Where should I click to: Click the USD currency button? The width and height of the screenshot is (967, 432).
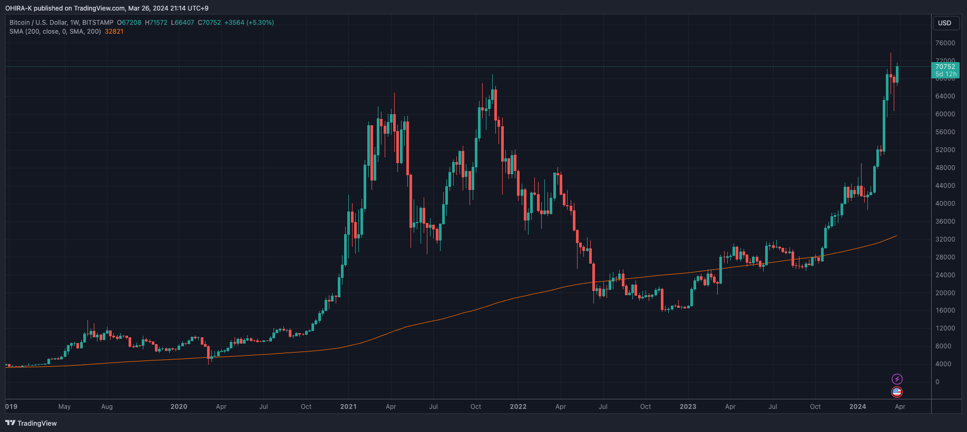[944, 23]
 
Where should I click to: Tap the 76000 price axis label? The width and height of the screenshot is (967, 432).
[945, 43]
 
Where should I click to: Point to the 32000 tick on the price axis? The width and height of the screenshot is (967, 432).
[945, 239]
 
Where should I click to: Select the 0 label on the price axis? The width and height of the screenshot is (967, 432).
[937, 382]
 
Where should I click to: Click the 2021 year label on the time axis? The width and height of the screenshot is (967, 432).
[348, 407]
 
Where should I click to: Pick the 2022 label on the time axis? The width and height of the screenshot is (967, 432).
[518, 407]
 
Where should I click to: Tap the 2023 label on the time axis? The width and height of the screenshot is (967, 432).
[688, 407]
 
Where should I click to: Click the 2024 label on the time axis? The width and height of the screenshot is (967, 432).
[857, 407]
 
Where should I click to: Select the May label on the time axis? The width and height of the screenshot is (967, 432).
[64, 407]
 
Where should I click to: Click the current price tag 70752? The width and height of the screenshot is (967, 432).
[945, 67]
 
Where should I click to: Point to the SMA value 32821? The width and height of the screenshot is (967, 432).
[114, 32]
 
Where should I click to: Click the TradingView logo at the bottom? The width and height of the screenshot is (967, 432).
[31, 423]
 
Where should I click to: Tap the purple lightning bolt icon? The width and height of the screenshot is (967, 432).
[897, 379]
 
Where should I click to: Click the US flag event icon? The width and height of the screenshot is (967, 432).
[897, 392]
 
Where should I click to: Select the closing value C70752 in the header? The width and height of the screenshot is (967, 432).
[209, 23]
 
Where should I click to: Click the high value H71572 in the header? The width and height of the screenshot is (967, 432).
[156, 23]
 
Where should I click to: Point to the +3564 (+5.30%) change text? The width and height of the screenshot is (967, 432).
[249, 23]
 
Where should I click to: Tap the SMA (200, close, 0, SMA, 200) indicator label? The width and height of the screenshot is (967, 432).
[55, 32]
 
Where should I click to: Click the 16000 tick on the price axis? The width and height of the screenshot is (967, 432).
[945, 310]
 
